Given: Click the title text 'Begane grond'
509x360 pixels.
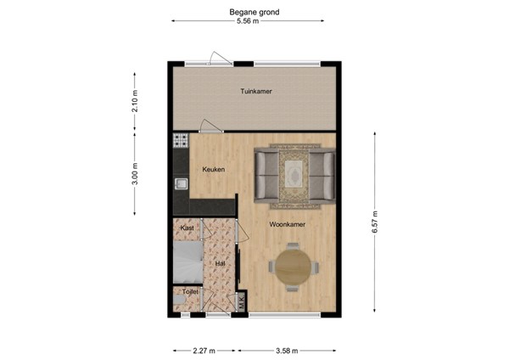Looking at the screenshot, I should click(x=255, y=12).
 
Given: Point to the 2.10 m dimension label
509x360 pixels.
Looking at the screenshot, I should click(x=134, y=101).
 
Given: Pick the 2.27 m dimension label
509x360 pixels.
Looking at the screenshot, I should click(x=204, y=349).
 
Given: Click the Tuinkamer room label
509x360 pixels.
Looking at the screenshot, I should click(x=255, y=92).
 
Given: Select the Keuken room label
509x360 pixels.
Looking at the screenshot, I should click(x=212, y=169).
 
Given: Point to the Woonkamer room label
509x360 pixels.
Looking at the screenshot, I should click(x=287, y=225).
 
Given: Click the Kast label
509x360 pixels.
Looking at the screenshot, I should click(x=187, y=228).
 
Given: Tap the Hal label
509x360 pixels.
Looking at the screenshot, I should click(x=220, y=263).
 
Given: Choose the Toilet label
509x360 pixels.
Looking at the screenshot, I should click(x=185, y=291).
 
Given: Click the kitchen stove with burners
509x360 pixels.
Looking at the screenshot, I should click(x=180, y=141).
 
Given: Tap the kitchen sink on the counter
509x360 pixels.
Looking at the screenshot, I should click(x=180, y=184).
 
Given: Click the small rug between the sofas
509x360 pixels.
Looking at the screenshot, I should click(x=294, y=172).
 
